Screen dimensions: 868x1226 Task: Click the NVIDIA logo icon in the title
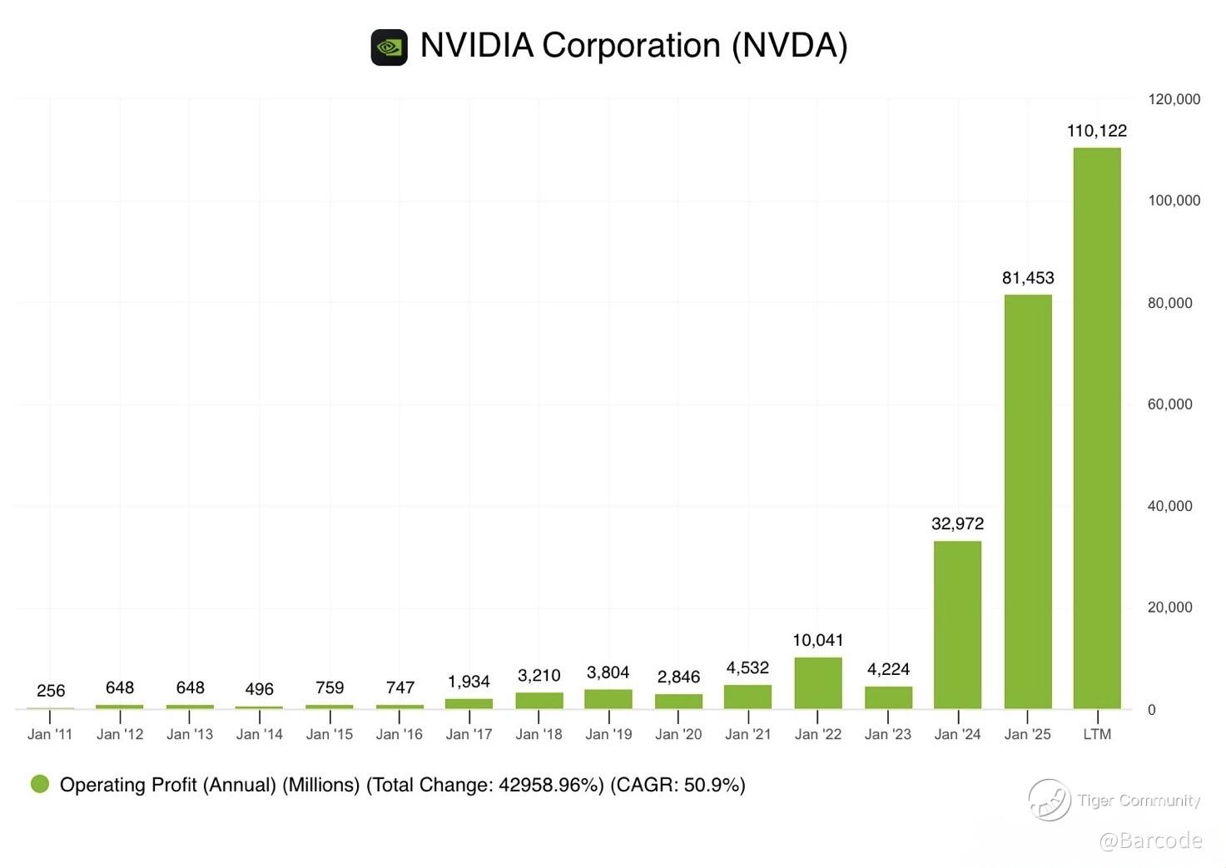click(x=389, y=47)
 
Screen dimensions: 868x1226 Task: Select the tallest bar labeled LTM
click(x=1097, y=428)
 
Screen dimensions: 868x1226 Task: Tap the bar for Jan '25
click(x=1028, y=501)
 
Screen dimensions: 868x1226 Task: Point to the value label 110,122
click(x=1097, y=131)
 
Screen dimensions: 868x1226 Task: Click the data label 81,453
click(x=1028, y=278)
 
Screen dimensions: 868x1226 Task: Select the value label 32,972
click(x=957, y=523)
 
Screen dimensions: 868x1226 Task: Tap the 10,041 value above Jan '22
click(x=818, y=640)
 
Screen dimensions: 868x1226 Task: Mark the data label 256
click(x=51, y=691)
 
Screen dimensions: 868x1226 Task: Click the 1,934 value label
click(x=469, y=682)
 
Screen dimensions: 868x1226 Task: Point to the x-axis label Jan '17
click(x=469, y=734)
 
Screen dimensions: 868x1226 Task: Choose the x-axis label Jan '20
click(x=678, y=734)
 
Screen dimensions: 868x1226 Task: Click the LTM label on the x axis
click(x=1097, y=734)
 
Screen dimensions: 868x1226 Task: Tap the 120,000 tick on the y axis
click(x=1174, y=99)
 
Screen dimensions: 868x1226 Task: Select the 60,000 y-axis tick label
click(x=1169, y=404)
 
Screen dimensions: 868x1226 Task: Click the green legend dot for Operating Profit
click(x=40, y=784)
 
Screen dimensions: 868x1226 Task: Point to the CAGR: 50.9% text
click(x=678, y=785)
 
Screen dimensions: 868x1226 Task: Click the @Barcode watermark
click(x=1150, y=841)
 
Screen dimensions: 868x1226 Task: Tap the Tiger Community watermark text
click(x=1139, y=801)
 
